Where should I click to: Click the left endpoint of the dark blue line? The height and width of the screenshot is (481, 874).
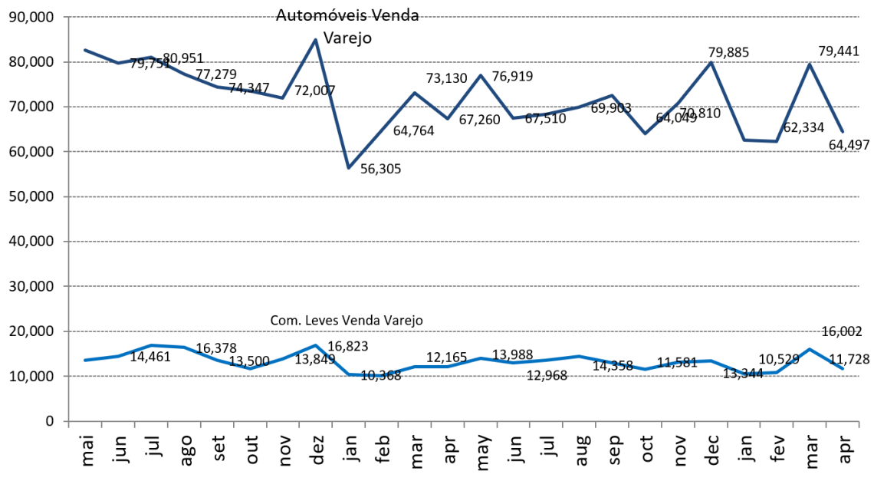coord(84,50)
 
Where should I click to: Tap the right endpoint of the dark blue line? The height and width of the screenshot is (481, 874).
coord(843,132)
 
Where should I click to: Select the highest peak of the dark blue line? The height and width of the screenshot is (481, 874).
coord(315,39)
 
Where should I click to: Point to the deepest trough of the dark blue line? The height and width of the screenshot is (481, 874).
coord(348,168)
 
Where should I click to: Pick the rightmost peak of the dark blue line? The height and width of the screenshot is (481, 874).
coord(810,64)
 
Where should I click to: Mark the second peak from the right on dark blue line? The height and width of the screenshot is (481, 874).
coord(711,62)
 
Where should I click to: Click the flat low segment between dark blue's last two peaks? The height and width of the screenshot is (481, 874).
coord(761,140)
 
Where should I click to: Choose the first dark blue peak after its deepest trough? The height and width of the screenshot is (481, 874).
coord(414,92)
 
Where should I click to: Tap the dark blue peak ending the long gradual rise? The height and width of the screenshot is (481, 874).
coord(612,95)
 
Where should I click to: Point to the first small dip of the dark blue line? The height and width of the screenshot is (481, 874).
coord(117,63)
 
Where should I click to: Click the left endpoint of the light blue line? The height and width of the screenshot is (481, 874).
coord(84,359)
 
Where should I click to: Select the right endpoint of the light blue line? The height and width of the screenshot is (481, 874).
coord(843,368)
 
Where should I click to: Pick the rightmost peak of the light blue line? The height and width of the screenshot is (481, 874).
coord(810,349)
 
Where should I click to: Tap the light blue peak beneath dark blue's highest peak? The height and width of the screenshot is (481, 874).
coord(315,345)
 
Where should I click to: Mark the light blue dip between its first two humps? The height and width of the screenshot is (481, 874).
coord(249,368)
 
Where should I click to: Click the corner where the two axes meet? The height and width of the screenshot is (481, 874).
coord(68,421)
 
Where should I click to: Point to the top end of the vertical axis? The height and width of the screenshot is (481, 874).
coord(68,17)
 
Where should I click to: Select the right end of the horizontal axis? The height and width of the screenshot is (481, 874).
coord(859,421)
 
